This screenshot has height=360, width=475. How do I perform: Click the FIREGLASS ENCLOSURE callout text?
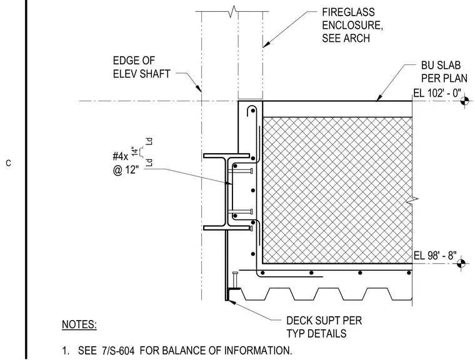pos(352,25)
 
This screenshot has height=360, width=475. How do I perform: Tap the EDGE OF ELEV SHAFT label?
pos(141,67)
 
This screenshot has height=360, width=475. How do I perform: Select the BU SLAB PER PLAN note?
pos(444,72)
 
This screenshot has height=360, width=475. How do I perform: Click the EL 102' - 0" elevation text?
pos(437,93)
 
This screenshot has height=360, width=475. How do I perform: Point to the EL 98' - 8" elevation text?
pos(435,256)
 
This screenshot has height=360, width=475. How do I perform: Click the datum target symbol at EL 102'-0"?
pos(465,101)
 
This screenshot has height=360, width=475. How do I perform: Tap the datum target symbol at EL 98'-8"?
pos(461,263)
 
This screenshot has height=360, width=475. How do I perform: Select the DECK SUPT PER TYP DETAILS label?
pos(324,327)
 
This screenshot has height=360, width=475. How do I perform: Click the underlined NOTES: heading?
pos(79,324)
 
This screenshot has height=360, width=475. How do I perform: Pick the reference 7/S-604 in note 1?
pos(118,351)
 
